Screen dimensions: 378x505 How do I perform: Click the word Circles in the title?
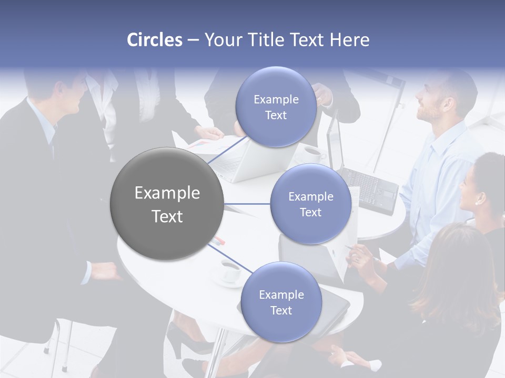(155, 40)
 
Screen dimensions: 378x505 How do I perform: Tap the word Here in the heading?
(349, 40)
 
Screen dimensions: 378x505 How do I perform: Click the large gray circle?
(167, 204)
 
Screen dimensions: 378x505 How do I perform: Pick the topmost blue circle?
(276, 107)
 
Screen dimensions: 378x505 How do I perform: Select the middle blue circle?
(310, 204)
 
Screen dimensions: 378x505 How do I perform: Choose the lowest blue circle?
(281, 302)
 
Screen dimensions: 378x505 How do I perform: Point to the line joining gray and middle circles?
(247, 204)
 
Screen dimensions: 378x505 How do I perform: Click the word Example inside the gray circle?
(167, 193)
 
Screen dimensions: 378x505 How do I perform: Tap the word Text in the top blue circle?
(276, 115)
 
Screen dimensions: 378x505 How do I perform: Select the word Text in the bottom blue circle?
(281, 310)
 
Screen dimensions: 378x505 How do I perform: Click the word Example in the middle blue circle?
(310, 197)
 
